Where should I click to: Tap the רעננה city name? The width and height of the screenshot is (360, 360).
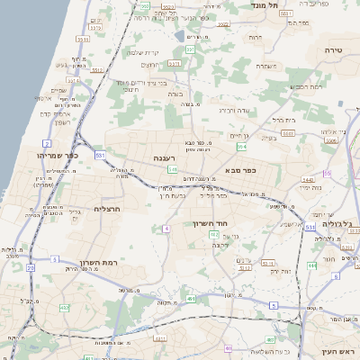163,158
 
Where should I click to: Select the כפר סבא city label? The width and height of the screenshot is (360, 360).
244,168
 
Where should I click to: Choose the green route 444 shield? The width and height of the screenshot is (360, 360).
311,265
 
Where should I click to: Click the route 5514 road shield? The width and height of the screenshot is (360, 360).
82,40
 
